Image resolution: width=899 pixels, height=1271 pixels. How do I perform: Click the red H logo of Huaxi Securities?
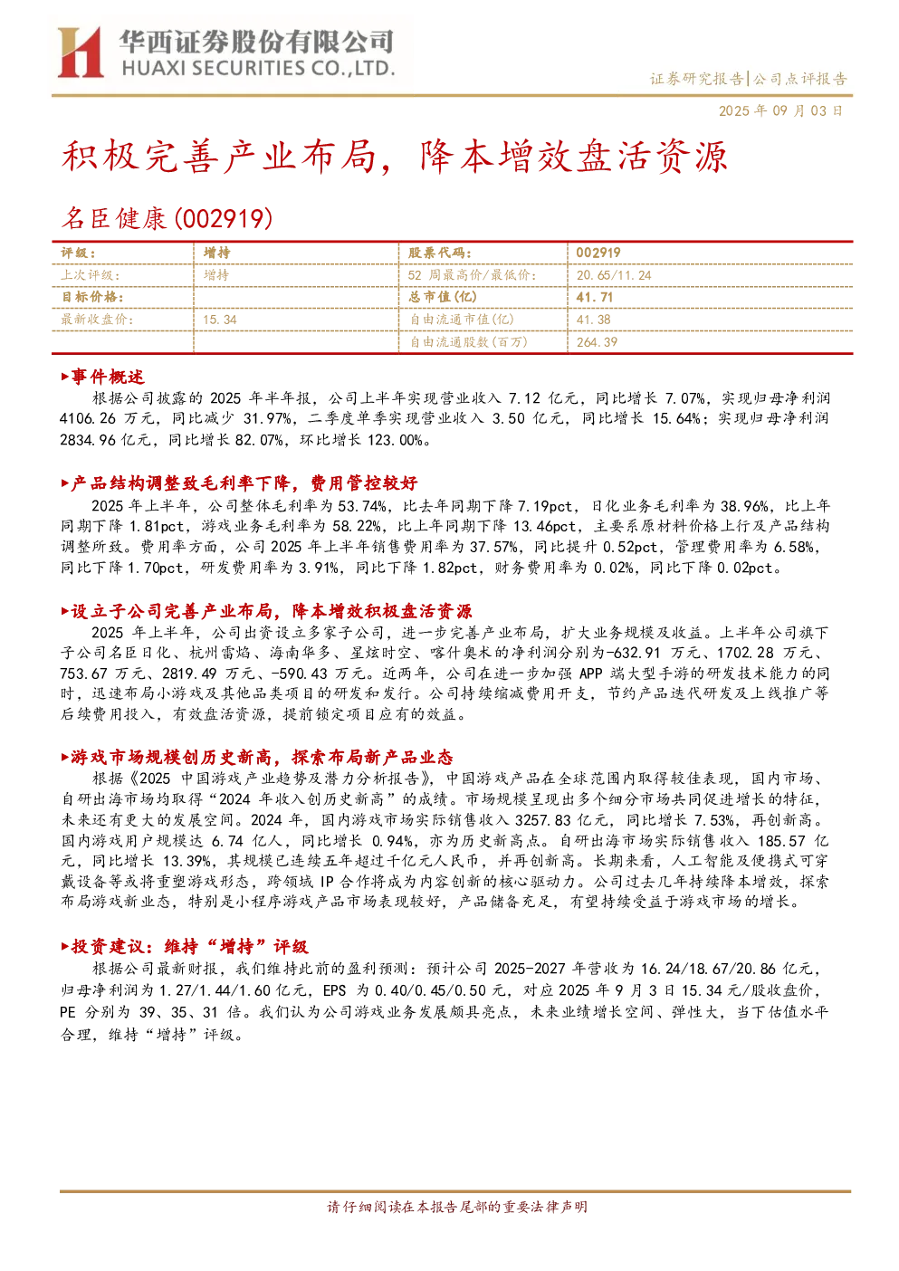pyautogui.click(x=80, y=52)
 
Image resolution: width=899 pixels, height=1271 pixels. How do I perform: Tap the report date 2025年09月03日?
pyautogui.click(x=780, y=110)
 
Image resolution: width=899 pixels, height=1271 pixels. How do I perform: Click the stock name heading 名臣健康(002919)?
pyautogui.click(x=167, y=218)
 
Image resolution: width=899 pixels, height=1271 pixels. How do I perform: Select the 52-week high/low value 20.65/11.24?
pyautogui.click(x=614, y=275)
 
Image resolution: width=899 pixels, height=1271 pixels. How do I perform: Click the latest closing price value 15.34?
pyautogui.click(x=220, y=320)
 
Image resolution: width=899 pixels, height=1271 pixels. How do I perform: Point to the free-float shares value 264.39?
pyautogui.click(x=597, y=342)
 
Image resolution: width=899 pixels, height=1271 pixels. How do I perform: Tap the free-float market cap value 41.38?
pyautogui.click(x=593, y=320)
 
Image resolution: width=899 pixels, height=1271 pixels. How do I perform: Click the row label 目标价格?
pyautogui.click(x=92, y=297)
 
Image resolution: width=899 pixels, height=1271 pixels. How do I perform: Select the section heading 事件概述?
pyautogui.click(x=102, y=377)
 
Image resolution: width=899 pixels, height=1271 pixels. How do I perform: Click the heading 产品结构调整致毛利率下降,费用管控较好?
pyautogui.click(x=239, y=483)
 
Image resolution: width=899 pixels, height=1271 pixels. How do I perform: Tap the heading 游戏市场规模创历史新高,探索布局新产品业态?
pyautogui.click(x=257, y=757)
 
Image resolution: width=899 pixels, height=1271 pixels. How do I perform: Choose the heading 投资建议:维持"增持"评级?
pyautogui.click(x=185, y=946)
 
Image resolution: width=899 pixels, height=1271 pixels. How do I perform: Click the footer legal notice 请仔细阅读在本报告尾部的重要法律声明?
pyautogui.click(x=457, y=1207)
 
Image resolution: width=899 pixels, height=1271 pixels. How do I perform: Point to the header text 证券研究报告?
pyautogui.click(x=696, y=78)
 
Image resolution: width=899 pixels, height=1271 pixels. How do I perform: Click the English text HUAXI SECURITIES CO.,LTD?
pyautogui.click(x=258, y=68)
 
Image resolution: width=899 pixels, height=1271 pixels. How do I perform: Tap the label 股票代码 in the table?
pyautogui.click(x=439, y=253)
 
